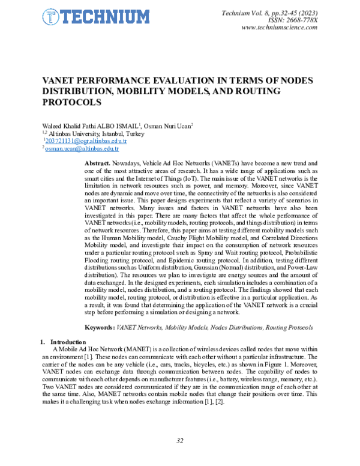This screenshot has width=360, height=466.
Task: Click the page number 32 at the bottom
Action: click(x=179, y=441)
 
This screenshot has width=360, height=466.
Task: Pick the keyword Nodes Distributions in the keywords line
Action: click(x=236, y=327)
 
